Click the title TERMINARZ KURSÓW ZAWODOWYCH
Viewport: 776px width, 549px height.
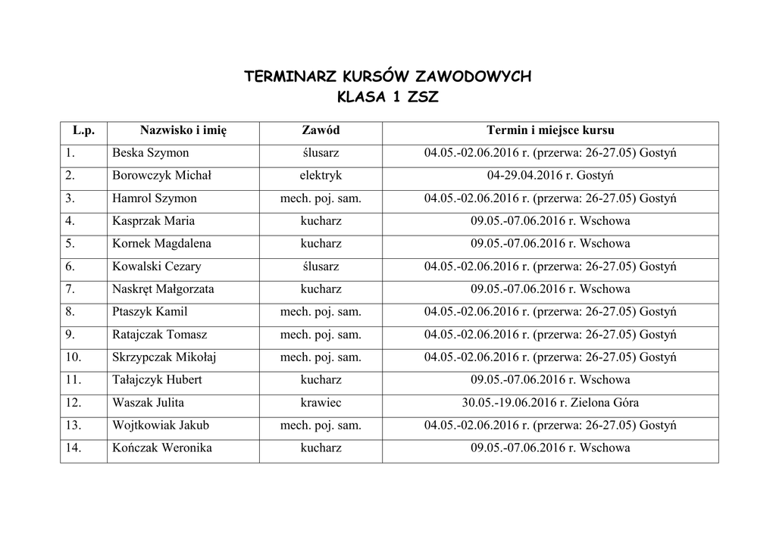tap(387, 76)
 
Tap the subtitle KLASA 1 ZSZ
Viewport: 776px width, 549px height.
tap(387, 98)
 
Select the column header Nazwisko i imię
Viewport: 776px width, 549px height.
tap(183, 131)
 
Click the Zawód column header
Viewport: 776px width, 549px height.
tap(321, 131)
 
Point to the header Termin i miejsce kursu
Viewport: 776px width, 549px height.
tap(550, 131)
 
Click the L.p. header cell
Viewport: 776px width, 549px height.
tap(83, 131)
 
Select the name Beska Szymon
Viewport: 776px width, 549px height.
tap(150, 153)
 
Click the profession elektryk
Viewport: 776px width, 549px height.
tap(321, 176)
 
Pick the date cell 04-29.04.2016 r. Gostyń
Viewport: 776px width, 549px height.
tap(550, 176)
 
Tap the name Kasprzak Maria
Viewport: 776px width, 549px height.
tap(153, 221)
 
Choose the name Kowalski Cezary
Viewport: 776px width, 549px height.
tap(156, 267)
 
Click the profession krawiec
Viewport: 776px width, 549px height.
tap(321, 403)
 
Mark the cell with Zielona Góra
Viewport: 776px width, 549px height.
tap(550, 403)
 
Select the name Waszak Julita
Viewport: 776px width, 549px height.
tap(148, 403)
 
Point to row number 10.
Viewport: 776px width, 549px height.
tap(74, 357)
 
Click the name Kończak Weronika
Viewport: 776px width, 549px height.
tap(161, 448)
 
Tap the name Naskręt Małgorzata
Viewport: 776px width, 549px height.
tap(163, 289)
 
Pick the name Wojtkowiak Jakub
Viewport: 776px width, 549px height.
tap(160, 426)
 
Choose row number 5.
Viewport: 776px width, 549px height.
tap(70, 244)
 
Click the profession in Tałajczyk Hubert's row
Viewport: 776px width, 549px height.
tap(321, 380)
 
